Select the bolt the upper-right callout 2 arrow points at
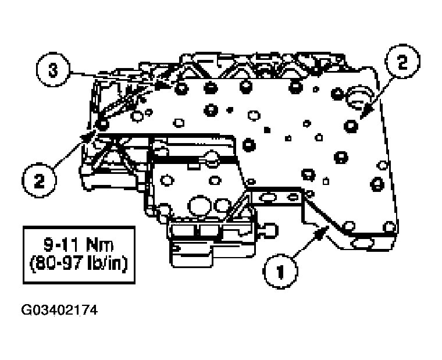point(351,126)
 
